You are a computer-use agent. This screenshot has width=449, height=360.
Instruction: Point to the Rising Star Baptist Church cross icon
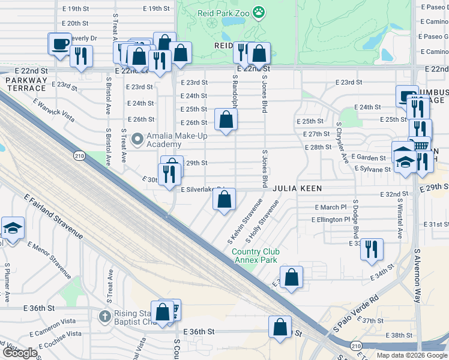coord(105,316)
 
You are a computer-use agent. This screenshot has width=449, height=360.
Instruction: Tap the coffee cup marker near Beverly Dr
coord(60,44)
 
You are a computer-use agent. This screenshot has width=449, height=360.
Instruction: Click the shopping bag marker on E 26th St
coord(226,119)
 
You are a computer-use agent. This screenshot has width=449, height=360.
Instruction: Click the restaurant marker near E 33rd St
coord(372,248)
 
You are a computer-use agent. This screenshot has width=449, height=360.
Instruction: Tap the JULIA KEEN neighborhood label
coord(297,188)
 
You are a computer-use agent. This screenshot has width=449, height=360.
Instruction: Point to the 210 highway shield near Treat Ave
coord(79,156)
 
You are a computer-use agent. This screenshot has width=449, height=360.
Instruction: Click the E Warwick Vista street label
coord(59,107)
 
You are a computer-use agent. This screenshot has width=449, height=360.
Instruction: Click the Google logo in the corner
coord(20,353)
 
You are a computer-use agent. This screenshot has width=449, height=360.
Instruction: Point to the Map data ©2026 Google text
coord(411,355)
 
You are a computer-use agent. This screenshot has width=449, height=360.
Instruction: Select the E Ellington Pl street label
coord(330,220)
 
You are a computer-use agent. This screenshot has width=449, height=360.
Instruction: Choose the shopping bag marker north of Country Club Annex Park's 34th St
coord(291,278)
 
